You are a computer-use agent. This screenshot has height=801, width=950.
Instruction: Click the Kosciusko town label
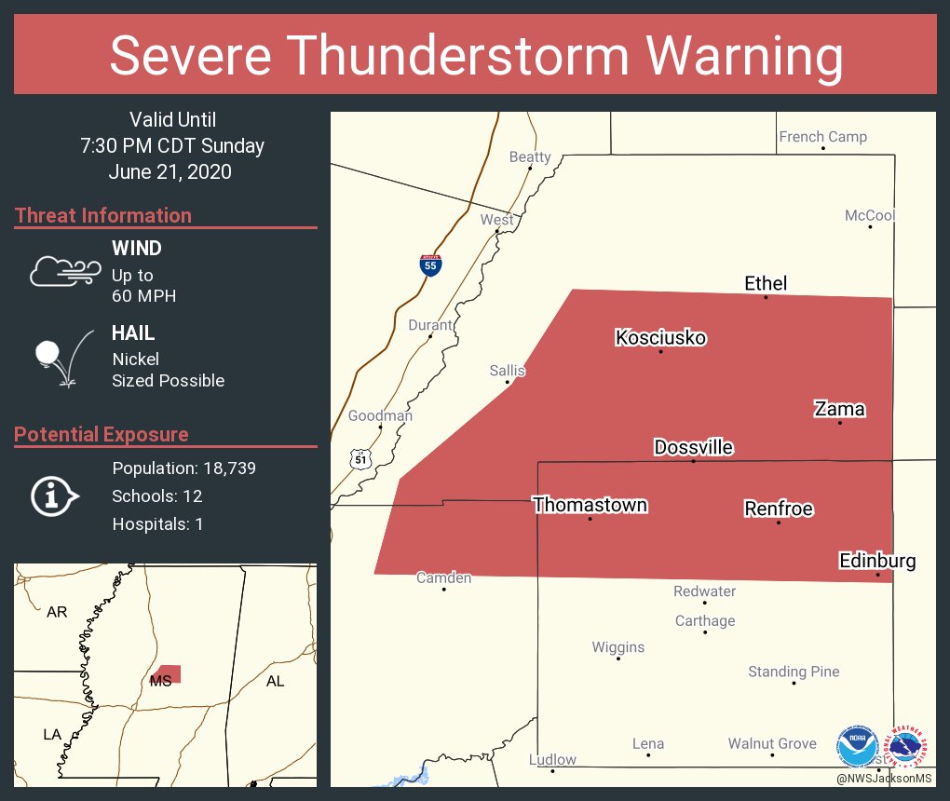(x=660, y=337)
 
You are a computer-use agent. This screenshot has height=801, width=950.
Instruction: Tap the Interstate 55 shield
(x=429, y=265)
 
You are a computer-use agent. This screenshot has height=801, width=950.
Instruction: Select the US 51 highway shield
(x=360, y=458)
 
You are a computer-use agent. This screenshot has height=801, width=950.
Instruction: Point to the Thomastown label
(x=590, y=505)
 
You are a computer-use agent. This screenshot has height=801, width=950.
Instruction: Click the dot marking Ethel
(x=766, y=297)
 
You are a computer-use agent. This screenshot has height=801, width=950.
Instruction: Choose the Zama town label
(x=839, y=408)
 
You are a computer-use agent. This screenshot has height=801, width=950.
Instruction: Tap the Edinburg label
(x=876, y=561)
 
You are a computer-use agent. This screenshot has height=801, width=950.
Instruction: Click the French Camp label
(x=822, y=137)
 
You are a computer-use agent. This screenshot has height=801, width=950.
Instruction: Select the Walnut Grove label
(x=772, y=743)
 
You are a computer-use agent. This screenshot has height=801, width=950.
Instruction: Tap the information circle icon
(x=54, y=496)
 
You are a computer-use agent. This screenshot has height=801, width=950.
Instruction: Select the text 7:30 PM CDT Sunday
(x=172, y=145)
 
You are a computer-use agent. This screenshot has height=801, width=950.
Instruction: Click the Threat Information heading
(x=103, y=215)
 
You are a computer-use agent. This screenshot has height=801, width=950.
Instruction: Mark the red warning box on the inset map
(x=169, y=673)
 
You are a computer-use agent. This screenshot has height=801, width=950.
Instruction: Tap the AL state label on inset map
(x=275, y=681)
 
